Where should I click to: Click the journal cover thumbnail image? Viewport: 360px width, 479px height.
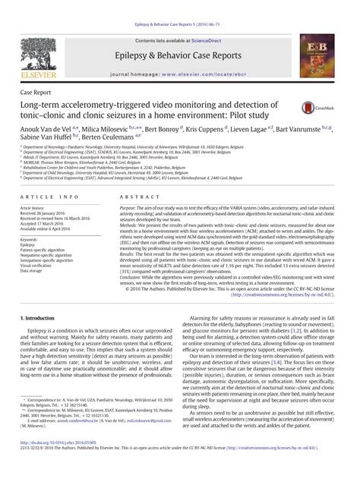(317, 55)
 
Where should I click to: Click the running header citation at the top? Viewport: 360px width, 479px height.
(180, 5)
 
